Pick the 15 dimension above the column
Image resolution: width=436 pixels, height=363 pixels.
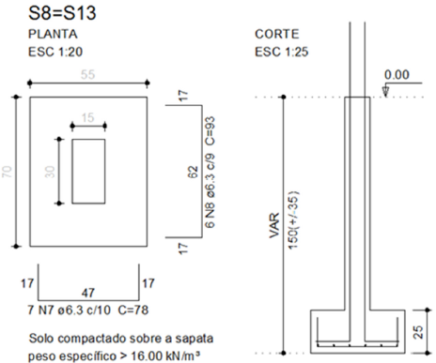coord(87,116)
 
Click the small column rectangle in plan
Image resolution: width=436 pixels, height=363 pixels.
coord(87,172)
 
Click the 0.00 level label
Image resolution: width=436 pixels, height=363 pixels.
coord(397,74)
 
